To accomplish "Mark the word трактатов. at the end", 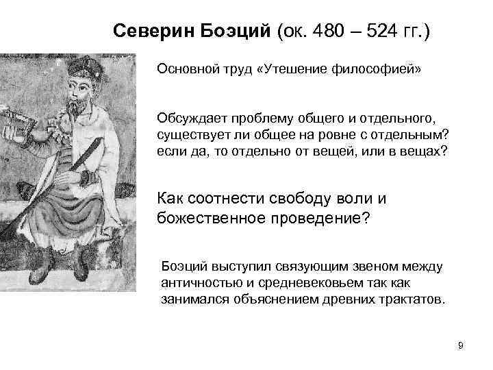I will click(416, 299).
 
